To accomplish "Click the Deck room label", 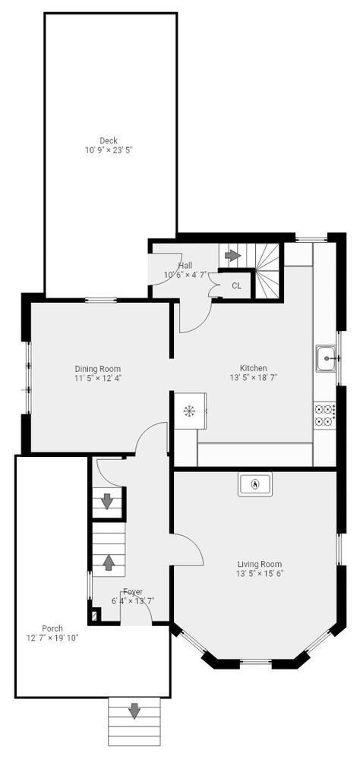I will (x=109, y=140).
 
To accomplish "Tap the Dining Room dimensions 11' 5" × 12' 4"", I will (x=97, y=378).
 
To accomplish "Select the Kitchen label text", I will (x=254, y=368).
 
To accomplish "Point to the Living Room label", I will (x=259, y=564).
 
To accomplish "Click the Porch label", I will (x=52, y=628).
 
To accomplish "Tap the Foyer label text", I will (x=133, y=592).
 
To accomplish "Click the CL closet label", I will (x=236, y=285).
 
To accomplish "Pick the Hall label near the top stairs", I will (x=185, y=265).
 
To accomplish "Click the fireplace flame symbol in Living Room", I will (x=255, y=483).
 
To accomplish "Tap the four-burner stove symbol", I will (x=325, y=414).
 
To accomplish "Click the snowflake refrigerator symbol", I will (x=188, y=411).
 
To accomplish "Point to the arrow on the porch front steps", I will (x=134, y=711).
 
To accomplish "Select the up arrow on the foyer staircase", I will (x=109, y=562).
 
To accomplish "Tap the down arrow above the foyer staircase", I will (x=107, y=501).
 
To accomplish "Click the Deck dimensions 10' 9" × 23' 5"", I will (x=109, y=150).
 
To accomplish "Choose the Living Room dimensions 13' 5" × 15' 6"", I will (x=259, y=574).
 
